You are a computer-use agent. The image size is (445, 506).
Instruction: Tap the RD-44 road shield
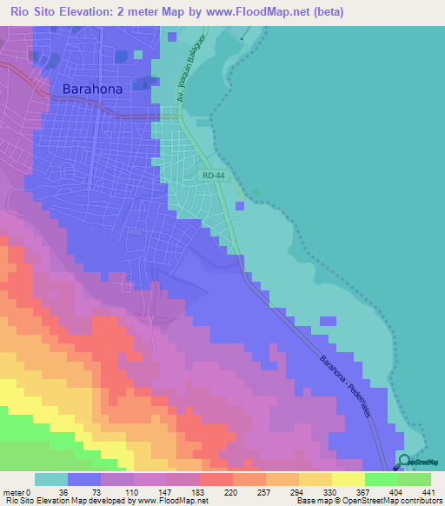(x=212, y=176)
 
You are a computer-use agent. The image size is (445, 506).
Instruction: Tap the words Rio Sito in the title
(x=32, y=12)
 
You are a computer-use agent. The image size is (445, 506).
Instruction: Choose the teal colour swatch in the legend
(x=51, y=479)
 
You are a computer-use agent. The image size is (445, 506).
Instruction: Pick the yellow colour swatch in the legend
(x=349, y=479)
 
